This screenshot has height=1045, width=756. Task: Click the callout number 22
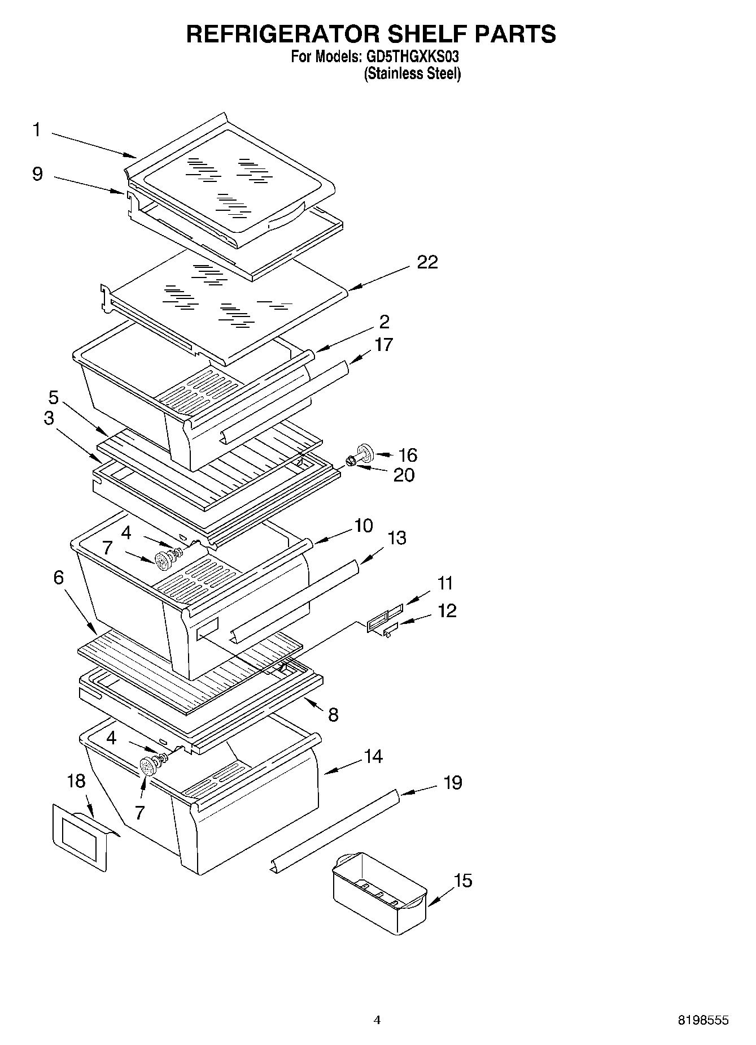pos(427,262)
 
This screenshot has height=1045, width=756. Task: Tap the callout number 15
pos(463,881)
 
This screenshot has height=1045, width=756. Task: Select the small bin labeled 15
pos(379,894)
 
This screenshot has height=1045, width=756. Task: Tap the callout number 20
pos(404,475)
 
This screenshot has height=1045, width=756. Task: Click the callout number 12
pos(447,611)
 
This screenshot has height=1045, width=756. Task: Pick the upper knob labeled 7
pos(164,561)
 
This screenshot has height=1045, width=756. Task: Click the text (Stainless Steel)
pos(412,74)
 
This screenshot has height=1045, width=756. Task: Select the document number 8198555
pos(703,1020)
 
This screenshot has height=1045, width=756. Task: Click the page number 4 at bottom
pos(377,1020)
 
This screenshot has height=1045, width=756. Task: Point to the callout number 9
pos(37,174)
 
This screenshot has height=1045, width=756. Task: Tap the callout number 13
pos(397,538)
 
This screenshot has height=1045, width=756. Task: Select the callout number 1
pos(37,130)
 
